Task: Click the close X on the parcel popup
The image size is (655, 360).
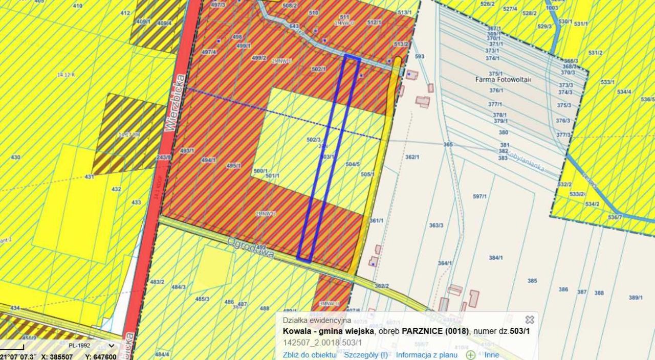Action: click(530, 320)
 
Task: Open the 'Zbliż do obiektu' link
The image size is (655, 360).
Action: click(309, 354)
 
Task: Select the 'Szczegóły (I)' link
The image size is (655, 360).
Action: click(365, 354)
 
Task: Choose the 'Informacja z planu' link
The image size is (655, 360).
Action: click(426, 354)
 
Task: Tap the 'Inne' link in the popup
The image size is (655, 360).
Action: click(491, 354)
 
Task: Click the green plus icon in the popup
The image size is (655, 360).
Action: click(470, 355)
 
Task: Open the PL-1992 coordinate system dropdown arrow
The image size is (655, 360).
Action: click(111, 346)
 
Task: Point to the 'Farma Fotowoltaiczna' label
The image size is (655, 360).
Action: click(503, 80)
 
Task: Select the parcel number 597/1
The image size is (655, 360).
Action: click(479, 196)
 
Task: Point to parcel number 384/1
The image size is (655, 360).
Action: click(495, 258)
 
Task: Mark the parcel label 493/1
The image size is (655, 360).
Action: click(187, 151)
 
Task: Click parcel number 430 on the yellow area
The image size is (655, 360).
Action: click(16, 157)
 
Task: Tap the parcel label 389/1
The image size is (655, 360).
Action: click(636, 297)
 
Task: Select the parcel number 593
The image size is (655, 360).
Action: click(420, 56)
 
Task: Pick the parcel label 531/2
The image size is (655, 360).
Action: click(595, 53)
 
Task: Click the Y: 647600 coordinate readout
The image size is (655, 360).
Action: click(101, 357)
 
